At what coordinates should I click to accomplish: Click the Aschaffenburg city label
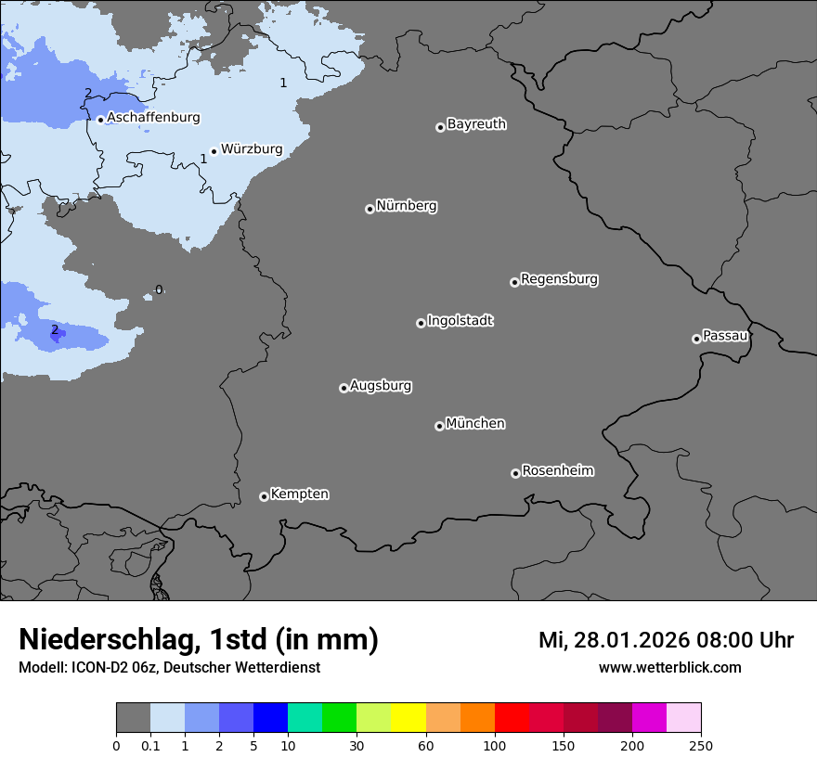pyautogui.click(x=153, y=118)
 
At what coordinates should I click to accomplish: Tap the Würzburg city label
pyautogui.click(x=252, y=148)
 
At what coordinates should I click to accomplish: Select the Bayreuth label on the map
pyautogui.click(x=476, y=124)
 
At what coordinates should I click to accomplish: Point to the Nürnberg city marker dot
pyautogui.click(x=370, y=209)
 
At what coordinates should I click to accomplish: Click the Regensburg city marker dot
pyautogui.click(x=514, y=282)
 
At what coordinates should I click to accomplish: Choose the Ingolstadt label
pyautogui.click(x=460, y=321)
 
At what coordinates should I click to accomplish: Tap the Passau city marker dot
pyautogui.click(x=696, y=339)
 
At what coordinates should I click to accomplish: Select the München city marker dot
pyautogui.click(x=439, y=427)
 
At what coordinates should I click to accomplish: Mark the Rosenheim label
pyautogui.click(x=557, y=470)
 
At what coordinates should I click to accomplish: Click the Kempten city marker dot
pyautogui.click(x=264, y=496)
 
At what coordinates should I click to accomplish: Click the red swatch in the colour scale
pyautogui.click(x=512, y=718)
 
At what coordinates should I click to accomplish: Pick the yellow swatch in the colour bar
pyautogui.click(x=408, y=718)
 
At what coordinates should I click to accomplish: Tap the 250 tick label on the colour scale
pyautogui.click(x=701, y=745)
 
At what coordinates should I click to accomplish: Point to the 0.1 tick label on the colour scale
pyautogui.click(x=150, y=745)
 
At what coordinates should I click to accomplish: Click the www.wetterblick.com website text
pyautogui.click(x=670, y=667)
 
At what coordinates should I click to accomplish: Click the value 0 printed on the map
pyautogui.click(x=158, y=290)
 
